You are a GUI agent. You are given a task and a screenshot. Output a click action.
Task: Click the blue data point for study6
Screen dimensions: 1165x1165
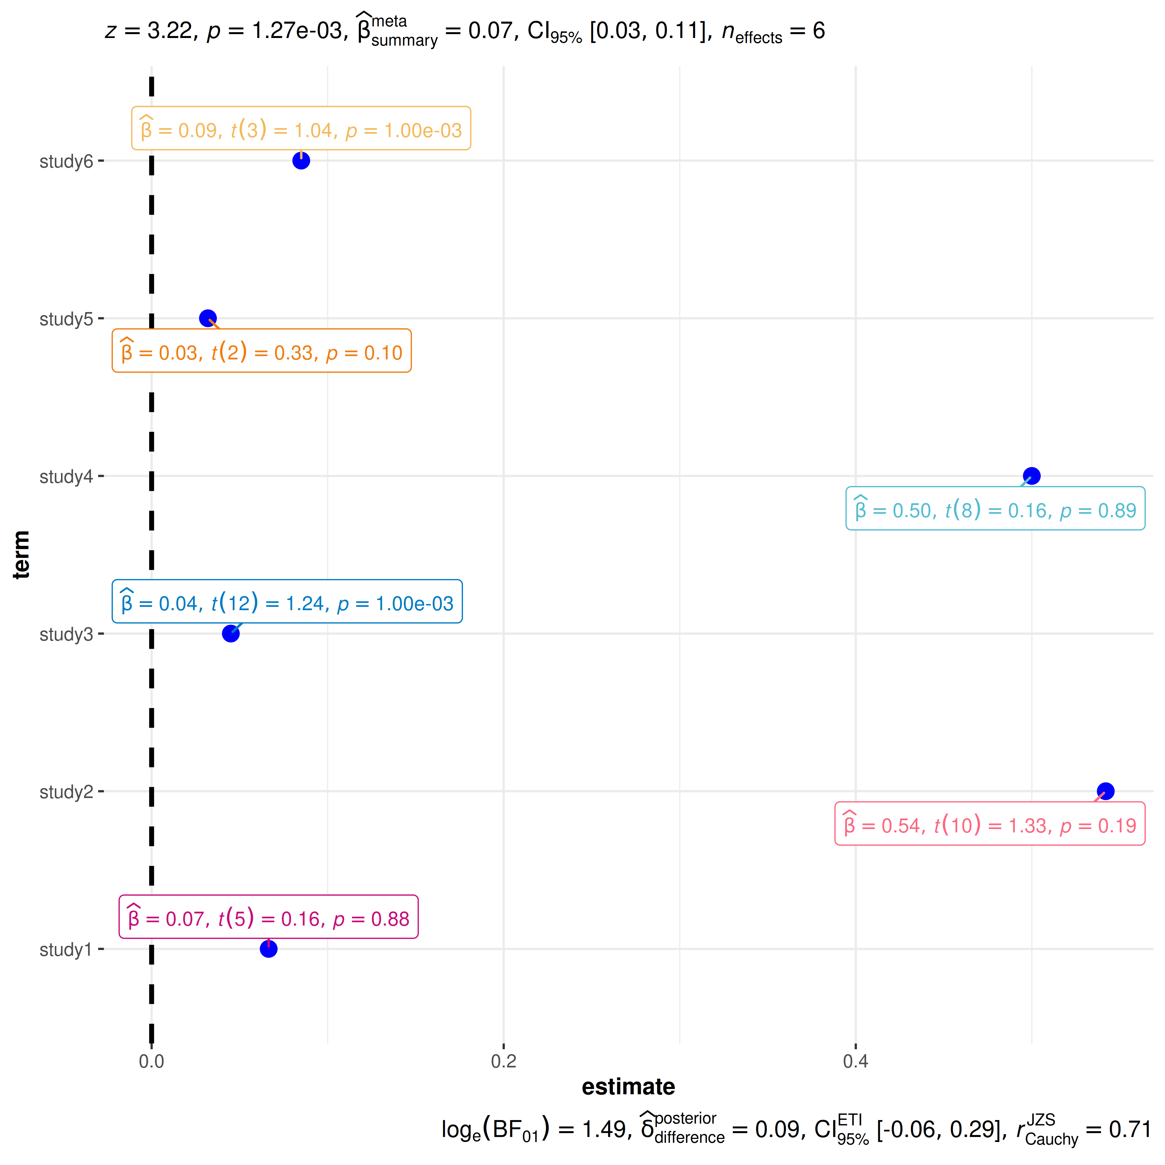[x=301, y=160]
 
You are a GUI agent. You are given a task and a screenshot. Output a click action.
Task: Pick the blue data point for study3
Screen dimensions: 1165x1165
[x=230, y=633]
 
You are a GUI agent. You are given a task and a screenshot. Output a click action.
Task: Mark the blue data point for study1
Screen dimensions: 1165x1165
[x=268, y=949]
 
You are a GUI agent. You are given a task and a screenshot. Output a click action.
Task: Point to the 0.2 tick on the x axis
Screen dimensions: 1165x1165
[x=503, y=1061]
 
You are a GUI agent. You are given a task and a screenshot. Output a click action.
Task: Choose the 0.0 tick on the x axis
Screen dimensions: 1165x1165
[x=151, y=1061]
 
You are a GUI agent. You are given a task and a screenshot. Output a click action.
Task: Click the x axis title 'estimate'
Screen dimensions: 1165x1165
[x=628, y=1087]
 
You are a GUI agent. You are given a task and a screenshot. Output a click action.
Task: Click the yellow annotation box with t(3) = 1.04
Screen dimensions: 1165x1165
[x=301, y=128]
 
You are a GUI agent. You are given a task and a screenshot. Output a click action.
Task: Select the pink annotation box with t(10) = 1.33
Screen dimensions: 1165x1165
[x=989, y=824]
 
